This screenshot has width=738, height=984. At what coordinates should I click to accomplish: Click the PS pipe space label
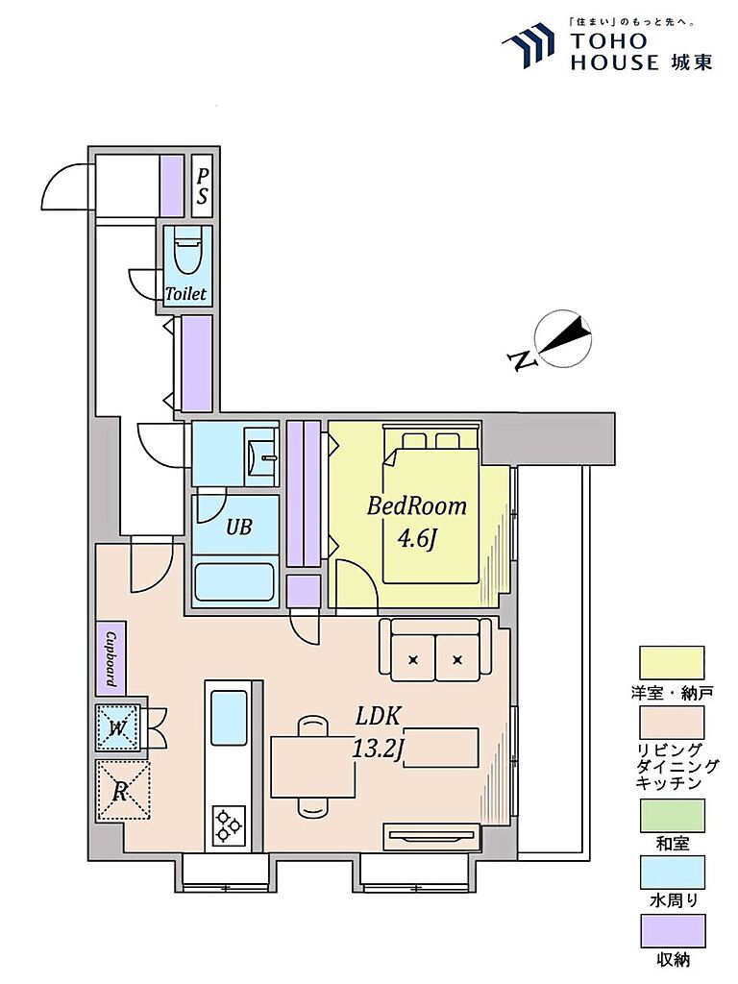tap(202, 186)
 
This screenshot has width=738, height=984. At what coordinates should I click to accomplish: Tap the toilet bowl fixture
tap(187, 252)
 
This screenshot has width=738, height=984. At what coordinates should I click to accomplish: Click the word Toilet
tap(185, 293)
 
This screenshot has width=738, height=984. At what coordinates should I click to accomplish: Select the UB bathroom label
tap(238, 526)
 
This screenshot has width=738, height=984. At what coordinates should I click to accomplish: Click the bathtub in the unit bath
tap(234, 582)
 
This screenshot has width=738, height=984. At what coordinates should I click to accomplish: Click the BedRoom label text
tap(417, 505)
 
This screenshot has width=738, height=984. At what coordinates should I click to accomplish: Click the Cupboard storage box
tap(111, 658)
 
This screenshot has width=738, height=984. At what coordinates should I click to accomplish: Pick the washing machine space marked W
tap(118, 728)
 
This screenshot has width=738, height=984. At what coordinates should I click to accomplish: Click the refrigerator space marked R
tap(123, 791)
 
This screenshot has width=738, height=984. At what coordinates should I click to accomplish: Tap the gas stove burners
tap(228, 824)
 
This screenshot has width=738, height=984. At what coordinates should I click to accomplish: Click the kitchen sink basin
tap(229, 717)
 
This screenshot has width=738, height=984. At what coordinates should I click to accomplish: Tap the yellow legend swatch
tap(672, 663)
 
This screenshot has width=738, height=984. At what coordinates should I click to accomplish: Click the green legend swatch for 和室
tap(672, 815)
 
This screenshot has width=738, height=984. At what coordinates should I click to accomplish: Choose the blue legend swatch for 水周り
tap(672, 873)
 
